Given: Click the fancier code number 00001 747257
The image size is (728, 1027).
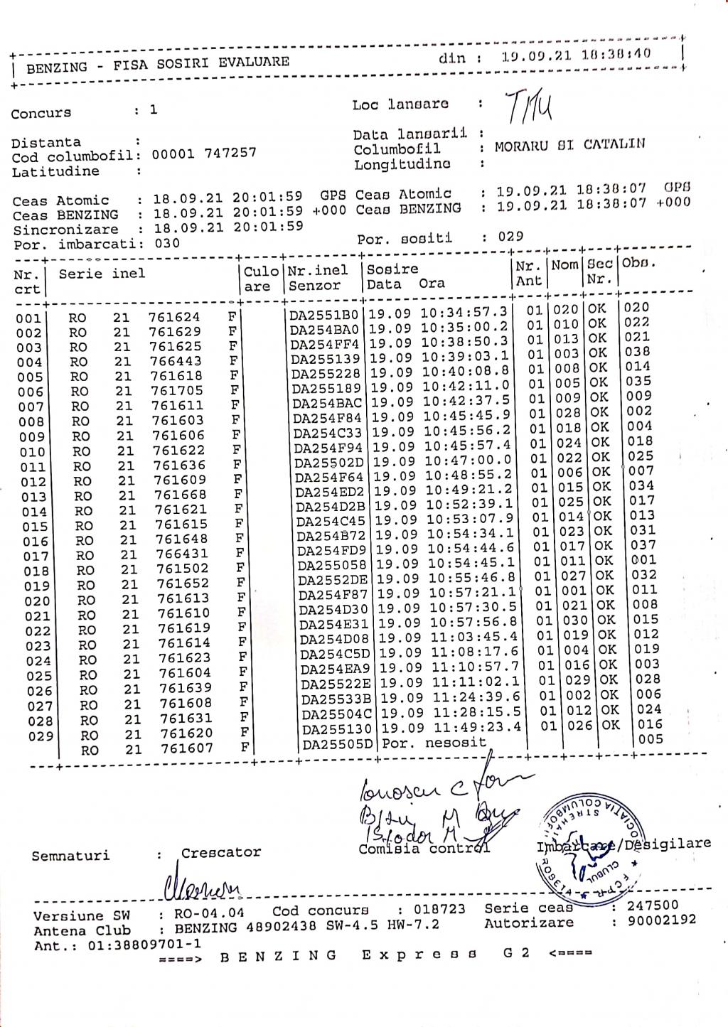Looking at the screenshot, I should click(204, 153).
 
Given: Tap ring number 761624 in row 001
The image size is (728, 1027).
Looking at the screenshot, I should click(174, 317).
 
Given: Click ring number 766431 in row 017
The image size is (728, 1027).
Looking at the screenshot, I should click(182, 554).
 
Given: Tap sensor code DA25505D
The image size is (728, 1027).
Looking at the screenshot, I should click(337, 745).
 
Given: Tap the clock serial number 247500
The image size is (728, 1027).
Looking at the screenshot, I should click(653, 905).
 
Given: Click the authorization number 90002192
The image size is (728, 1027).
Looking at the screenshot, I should click(661, 920).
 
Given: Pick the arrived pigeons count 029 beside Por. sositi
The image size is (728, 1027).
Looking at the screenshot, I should click(510, 237).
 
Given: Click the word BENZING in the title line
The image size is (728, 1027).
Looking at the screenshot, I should click(57, 68).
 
